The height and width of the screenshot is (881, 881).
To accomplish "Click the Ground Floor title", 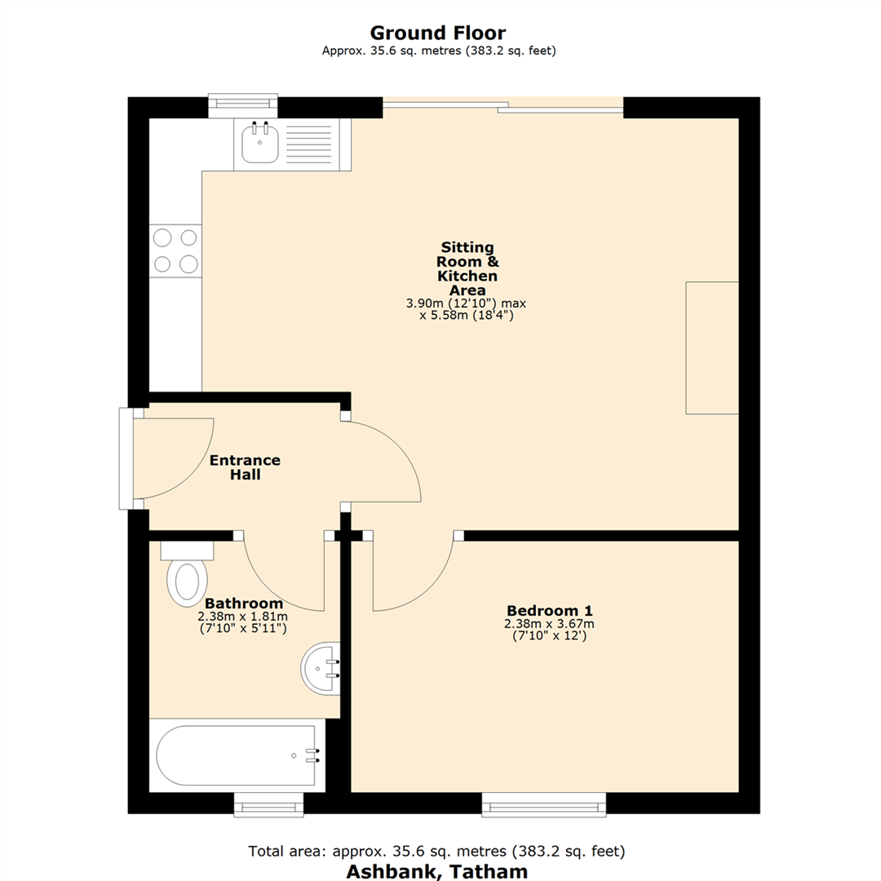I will [x=438, y=33].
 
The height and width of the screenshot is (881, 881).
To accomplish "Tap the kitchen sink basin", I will [x=260, y=145].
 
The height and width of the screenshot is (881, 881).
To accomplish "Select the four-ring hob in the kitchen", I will [x=175, y=250].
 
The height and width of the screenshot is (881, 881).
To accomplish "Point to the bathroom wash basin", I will [x=320, y=668].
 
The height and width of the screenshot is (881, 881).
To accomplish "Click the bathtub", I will [x=237, y=756].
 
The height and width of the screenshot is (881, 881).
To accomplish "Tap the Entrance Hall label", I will [x=245, y=467].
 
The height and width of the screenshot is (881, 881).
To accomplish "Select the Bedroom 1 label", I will [x=549, y=610].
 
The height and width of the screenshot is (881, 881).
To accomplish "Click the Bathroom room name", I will [x=243, y=604].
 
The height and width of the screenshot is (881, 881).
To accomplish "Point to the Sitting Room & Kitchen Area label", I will [x=467, y=268].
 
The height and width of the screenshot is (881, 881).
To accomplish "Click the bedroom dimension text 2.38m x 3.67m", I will [x=549, y=624].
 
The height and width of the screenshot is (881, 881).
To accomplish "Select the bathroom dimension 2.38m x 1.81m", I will [x=243, y=617].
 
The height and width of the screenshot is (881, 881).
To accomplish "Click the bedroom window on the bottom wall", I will [x=544, y=804].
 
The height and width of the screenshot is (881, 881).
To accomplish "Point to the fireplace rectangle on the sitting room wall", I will [x=711, y=348].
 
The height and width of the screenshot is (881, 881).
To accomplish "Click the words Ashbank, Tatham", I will [x=437, y=870].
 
